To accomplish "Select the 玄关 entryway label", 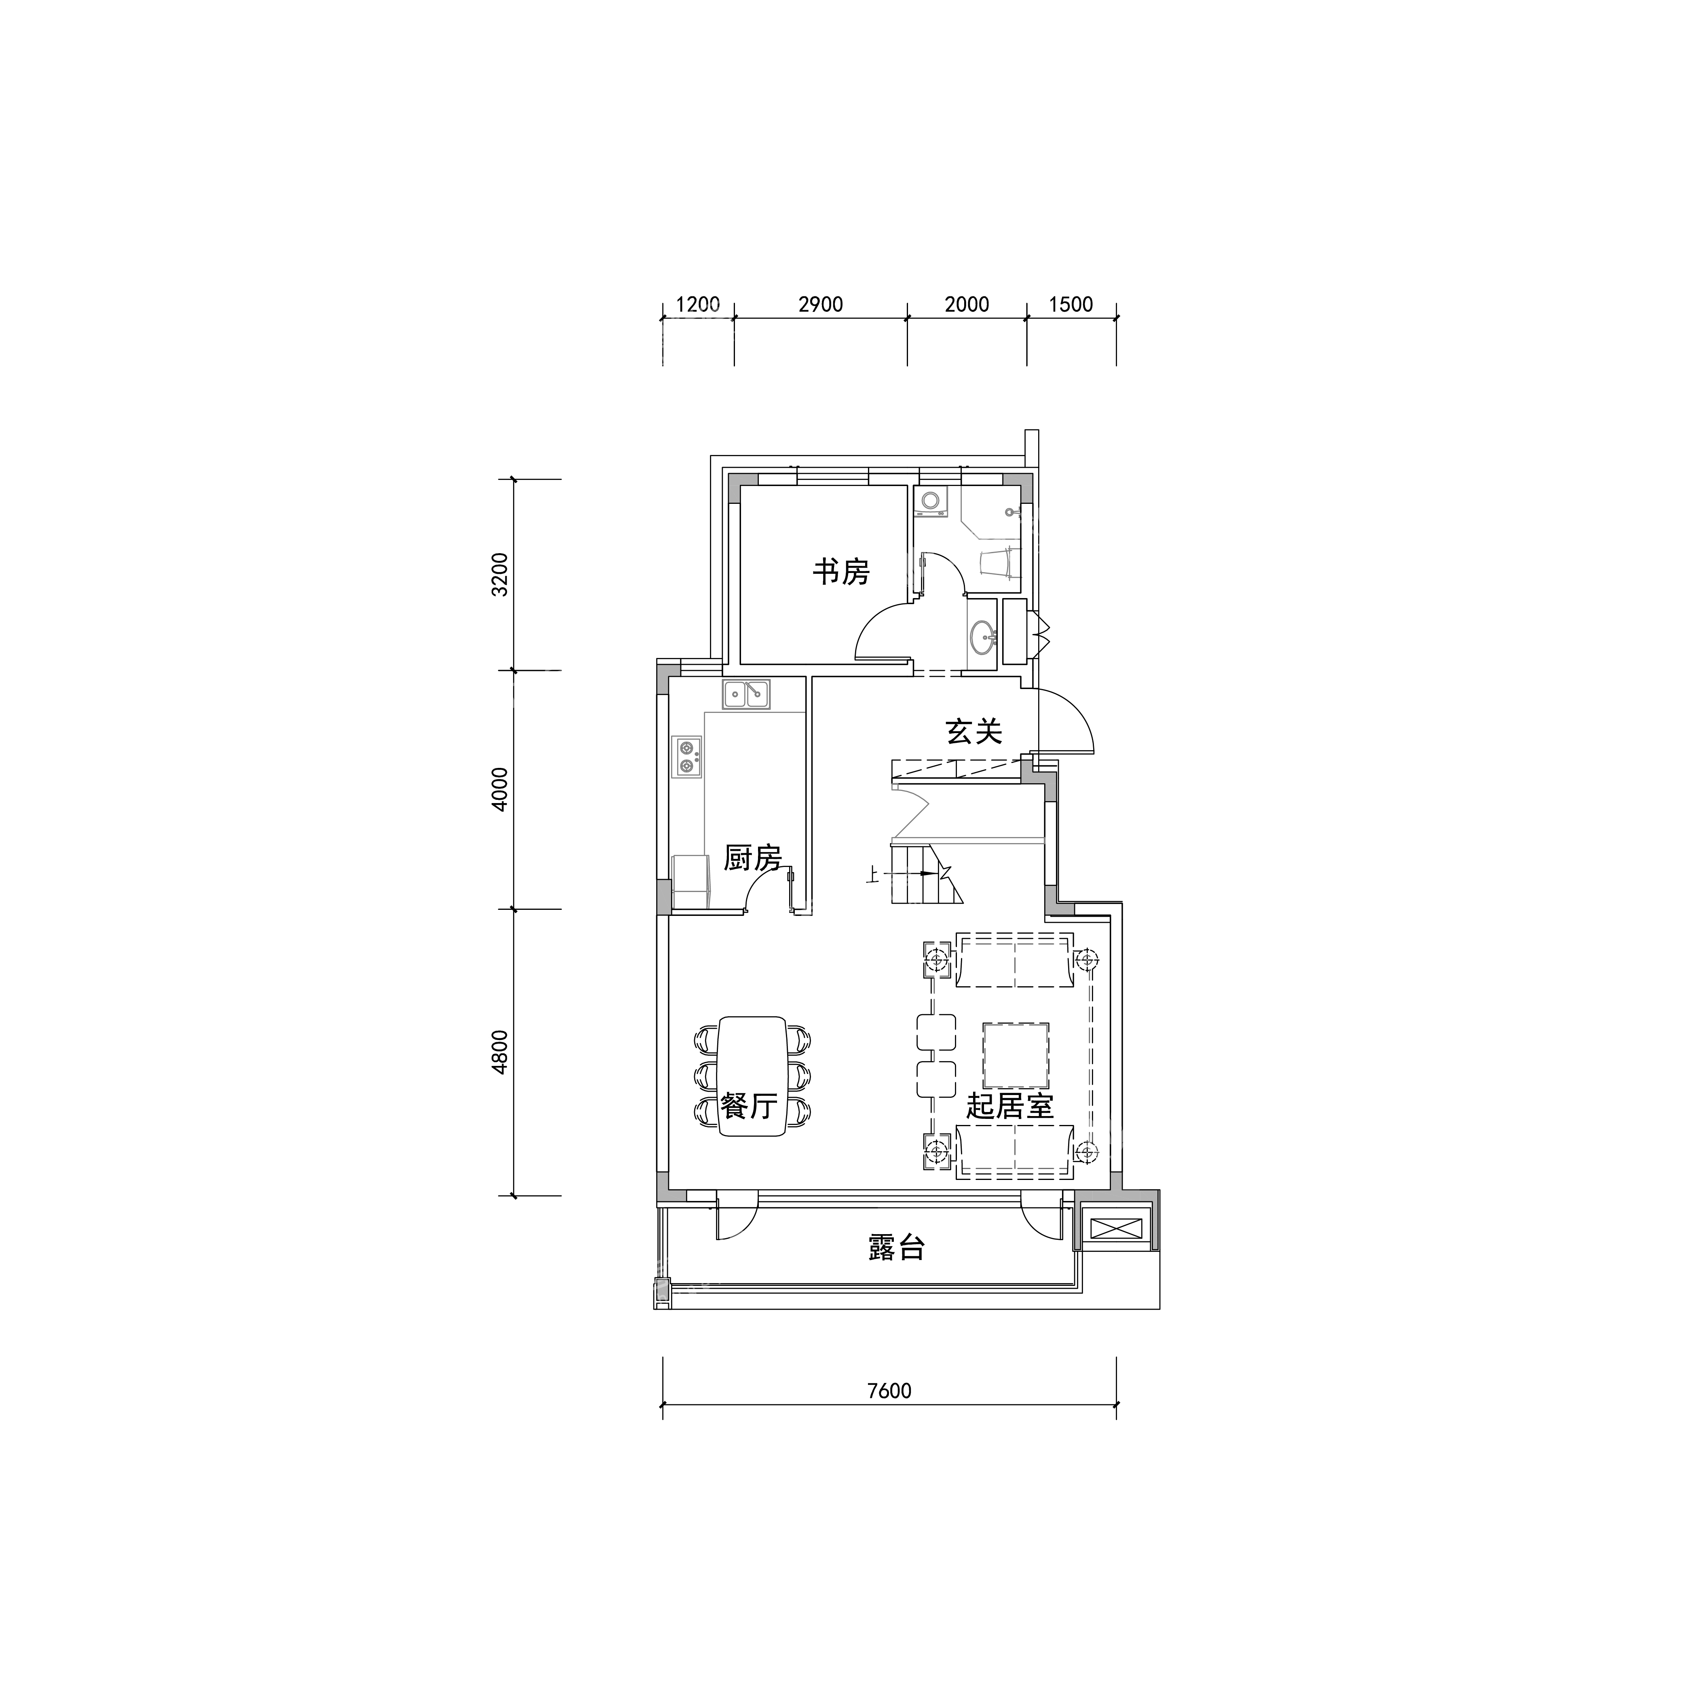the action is (974, 731).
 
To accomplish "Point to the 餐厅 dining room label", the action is (749, 1106).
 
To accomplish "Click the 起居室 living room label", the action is (1010, 1106).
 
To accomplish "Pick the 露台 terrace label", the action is (897, 1247).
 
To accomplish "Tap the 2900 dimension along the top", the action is (821, 304).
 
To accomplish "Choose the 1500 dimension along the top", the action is (1071, 304).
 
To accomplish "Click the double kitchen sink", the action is (746, 694).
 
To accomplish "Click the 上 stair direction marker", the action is (871, 873).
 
